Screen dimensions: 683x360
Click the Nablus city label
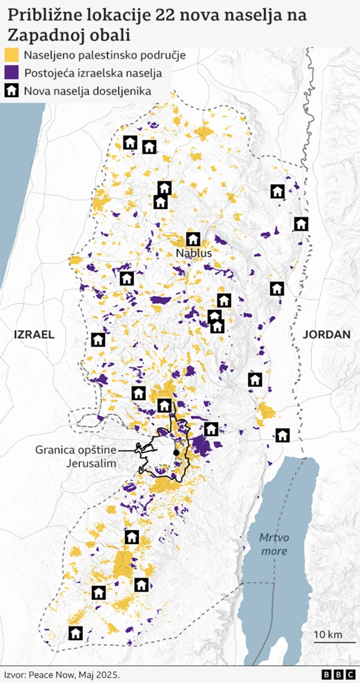click(x=193, y=254)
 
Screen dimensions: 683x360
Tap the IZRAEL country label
click(x=34, y=334)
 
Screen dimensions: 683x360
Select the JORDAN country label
click(x=326, y=334)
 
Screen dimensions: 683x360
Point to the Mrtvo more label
click(x=273, y=544)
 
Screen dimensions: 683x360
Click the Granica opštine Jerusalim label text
click(x=76, y=456)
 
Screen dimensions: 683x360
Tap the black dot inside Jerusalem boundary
click(x=176, y=453)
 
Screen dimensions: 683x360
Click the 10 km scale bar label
click(x=328, y=634)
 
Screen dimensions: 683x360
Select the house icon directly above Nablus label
click(x=193, y=239)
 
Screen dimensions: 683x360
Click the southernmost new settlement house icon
click(x=75, y=634)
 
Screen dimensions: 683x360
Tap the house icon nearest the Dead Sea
click(x=282, y=435)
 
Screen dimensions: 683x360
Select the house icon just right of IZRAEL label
click(x=98, y=340)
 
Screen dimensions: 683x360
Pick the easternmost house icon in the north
click(x=301, y=224)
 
